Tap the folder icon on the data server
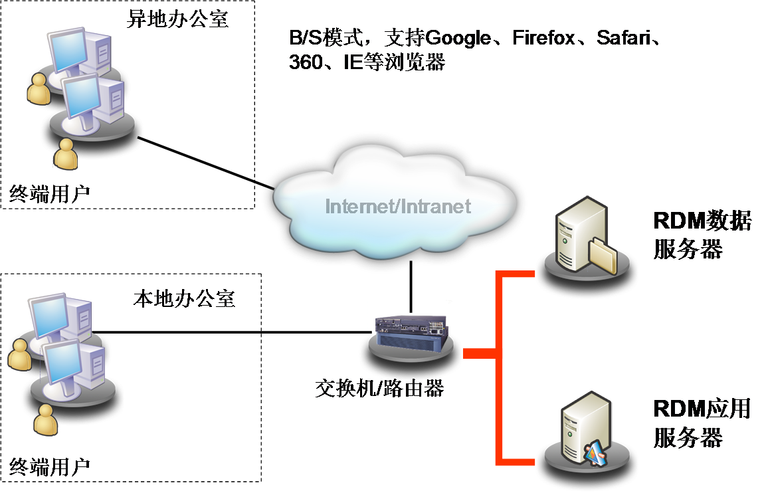coord(602,255)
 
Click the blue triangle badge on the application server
coord(594,452)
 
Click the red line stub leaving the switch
coord(479,353)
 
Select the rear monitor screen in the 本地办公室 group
coord(48,312)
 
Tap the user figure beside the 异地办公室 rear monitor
coord(39,89)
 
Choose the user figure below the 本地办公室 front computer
coord(46,420)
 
